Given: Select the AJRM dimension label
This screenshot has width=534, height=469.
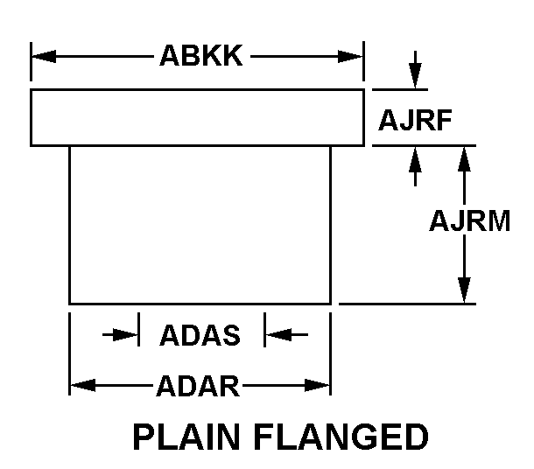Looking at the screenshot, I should tap(469, 221).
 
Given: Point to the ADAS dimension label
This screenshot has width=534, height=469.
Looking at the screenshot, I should tap(200, 334).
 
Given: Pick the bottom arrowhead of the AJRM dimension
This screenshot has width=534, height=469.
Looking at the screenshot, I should tap(464, 291).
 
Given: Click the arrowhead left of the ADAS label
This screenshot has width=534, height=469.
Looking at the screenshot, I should tap(128, 333).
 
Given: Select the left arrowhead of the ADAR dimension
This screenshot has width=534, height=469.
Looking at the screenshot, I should tap(81, 385).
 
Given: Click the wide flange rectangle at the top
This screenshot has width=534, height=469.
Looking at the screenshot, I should tap(197, 117).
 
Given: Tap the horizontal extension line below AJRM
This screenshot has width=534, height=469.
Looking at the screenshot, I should tap(407, 304).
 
